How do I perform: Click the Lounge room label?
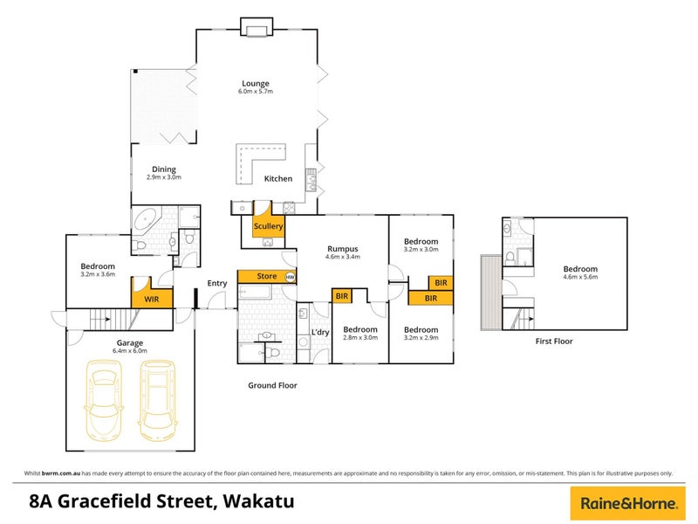pos(256,84)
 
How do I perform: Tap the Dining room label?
pos(164,169)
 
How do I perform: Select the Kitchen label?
pos(278,179)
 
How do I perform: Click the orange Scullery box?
pos(268,227)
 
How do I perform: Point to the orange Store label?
pos(268,277)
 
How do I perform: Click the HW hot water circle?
pos(291,277)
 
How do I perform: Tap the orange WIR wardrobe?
pos(150,297)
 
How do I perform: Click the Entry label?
pos(216,282)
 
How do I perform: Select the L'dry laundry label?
pos(319,334)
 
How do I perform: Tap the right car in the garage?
pos(159,403)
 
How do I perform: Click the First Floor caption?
pos(554,341)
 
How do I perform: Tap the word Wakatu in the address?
pos(258,501)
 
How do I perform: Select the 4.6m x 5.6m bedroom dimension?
pos(580,277)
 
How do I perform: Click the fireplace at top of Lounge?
pos(257,31)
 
